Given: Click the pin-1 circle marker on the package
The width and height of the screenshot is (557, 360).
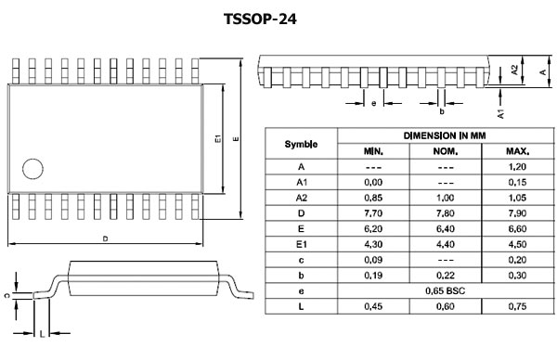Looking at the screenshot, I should click(x=33, y=170).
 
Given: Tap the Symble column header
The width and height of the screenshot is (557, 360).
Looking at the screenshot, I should click(x=300, y=144).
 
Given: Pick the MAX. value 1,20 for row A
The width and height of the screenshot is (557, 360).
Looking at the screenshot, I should click(x=517, y=166).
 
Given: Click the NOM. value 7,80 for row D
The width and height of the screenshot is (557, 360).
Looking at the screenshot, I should click(x=445, y=212).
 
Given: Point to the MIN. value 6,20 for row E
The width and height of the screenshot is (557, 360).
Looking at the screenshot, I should click(x=372, y=228).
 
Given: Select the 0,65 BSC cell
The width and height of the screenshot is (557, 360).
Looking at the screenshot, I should click(x=445, y=290).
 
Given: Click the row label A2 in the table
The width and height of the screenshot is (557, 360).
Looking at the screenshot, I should click(x=300, y=198).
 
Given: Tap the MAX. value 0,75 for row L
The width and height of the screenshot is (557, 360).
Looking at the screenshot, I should click(x=517, y=306).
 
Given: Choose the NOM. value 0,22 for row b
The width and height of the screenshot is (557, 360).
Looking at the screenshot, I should click(x=445, y=275).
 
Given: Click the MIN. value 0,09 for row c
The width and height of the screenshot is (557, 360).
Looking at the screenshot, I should click(x=372, y=260).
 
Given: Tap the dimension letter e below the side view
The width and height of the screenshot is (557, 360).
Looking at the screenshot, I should click(x=373, y=103).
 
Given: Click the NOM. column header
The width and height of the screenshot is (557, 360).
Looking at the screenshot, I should click(x=445, y=151).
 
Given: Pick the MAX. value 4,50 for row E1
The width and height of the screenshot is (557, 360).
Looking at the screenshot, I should click(x=517, y=244).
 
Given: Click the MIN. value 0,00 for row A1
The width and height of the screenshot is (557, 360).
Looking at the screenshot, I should click(x=372, y=182).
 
